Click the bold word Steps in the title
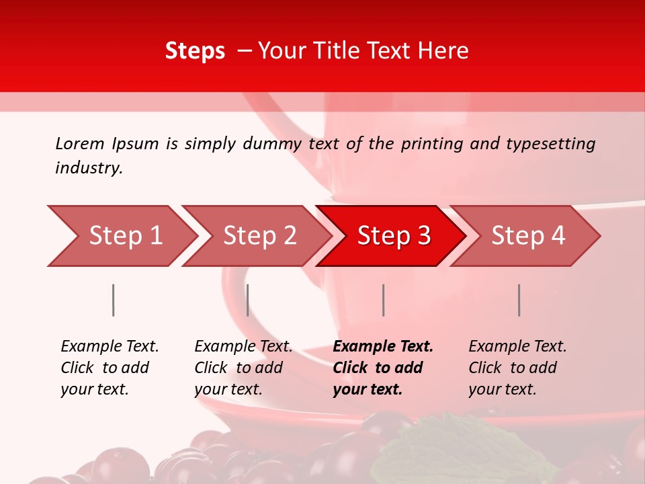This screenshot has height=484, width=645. (x=195, y=51)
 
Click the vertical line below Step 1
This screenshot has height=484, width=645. (x=114, y=300)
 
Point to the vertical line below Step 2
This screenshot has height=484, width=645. (x=248, y=300)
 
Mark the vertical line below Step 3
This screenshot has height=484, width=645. (x=383, y=300)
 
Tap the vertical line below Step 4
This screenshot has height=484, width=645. (x=519, y=300)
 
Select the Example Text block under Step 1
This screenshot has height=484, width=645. (x=110, y=368)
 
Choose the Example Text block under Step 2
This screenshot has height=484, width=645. (x=243, y=368)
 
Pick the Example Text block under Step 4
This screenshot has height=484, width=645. (x=517, y=368)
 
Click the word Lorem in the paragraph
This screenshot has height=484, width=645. (x=80, y=144)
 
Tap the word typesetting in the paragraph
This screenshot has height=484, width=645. (x=550, y=144)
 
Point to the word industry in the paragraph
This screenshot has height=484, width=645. (x=89, y=168)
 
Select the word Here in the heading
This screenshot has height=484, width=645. (x=443, y=51)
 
